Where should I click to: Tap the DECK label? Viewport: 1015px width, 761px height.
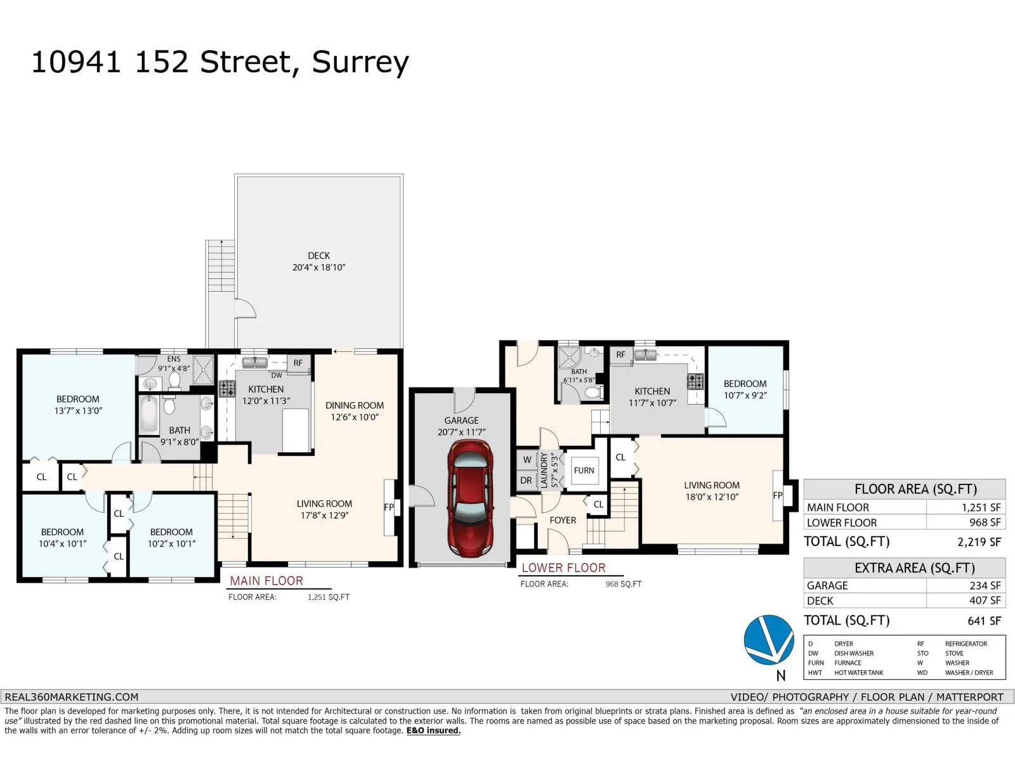pos(318,256)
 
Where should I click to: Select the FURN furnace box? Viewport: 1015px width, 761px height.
pos(584,471)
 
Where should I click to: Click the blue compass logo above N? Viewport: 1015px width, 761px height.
pos(768,640)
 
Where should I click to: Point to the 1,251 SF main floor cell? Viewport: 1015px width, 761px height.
pos(981,507)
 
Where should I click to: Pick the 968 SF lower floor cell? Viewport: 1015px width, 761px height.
pos(985,523)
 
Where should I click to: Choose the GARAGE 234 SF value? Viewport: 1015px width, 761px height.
pos(985,585)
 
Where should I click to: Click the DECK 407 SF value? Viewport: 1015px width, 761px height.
pos(985,601)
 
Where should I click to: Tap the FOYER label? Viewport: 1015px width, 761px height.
pos(563,520)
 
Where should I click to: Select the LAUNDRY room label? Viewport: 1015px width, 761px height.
pos(544,471)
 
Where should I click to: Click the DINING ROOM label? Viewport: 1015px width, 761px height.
pos(355,405)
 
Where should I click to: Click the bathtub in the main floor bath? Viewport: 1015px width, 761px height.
pos(149,414)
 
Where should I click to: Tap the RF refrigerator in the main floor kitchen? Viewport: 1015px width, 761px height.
pos(298,363)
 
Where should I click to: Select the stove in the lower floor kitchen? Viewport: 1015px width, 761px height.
pos(695,381)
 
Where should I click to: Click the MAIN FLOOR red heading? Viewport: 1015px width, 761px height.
pos(266,581)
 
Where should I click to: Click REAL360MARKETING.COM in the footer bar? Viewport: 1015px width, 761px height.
pos(72,697)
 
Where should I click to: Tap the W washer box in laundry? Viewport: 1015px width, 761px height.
pos(527,460)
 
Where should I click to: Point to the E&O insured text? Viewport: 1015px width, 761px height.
pos(433,731)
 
